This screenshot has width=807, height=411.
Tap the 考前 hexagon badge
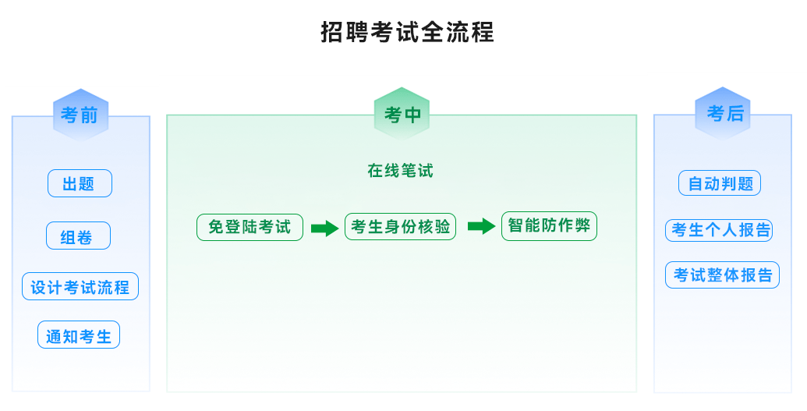coord(80,115)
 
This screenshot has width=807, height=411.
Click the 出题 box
coord(80,184)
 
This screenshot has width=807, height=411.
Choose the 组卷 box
coord(78,236)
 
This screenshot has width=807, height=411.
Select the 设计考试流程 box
coord(80,287)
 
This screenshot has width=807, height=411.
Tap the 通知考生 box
coord(79,335)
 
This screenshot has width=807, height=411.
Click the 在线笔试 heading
coord(400,171)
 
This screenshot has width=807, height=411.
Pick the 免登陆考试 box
coord(250,227)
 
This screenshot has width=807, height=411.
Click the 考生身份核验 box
coord(400,227)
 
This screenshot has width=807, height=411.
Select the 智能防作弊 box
coord(549,226)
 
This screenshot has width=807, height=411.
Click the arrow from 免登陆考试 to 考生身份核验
coord(324,229)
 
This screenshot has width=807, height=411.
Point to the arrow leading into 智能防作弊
coord(481,226)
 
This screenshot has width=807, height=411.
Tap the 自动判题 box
coord(720,184)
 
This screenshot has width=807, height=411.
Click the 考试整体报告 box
coord(722,275)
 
